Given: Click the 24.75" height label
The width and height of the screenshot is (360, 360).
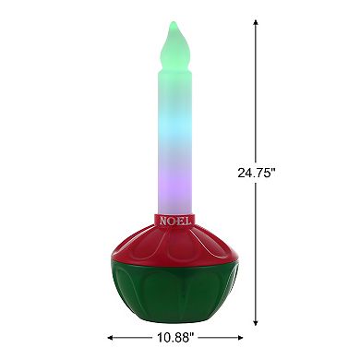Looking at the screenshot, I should click(257, 172).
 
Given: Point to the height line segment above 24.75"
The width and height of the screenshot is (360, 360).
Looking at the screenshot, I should click(256, 92).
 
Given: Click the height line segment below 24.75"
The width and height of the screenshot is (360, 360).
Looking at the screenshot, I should click(256, 249).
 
